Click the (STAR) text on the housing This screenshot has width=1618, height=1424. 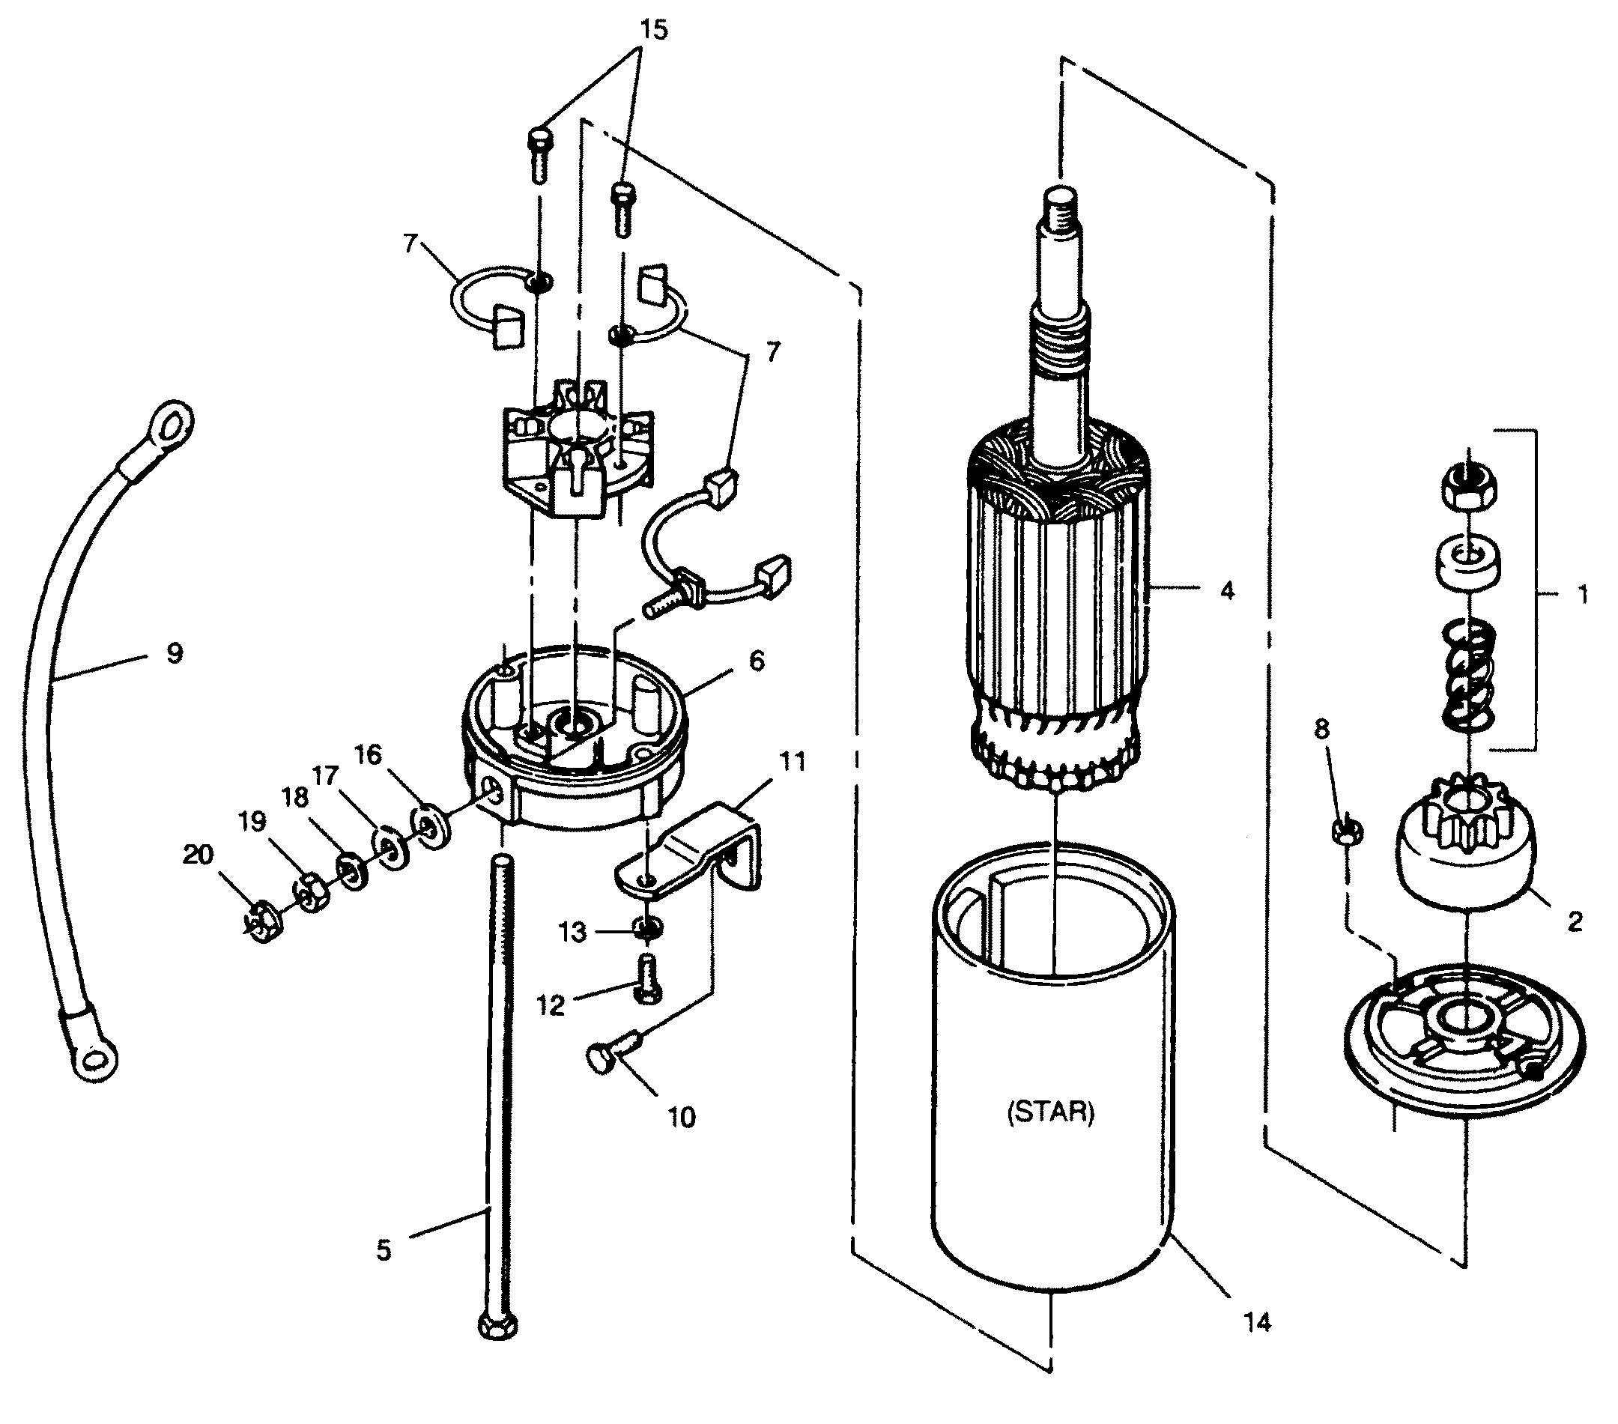coord(1050,1112)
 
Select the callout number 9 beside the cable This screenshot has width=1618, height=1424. coord(174,653)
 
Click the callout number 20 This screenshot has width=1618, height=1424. coord(198,855)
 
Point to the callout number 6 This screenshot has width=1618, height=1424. coord(757,661)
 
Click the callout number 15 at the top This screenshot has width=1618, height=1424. coord(654,29)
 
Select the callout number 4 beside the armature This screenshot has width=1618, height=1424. coord(1226,590)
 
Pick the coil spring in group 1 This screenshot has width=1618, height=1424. coord(1469,675)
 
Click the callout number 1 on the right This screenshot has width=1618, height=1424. coord(1582,595)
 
